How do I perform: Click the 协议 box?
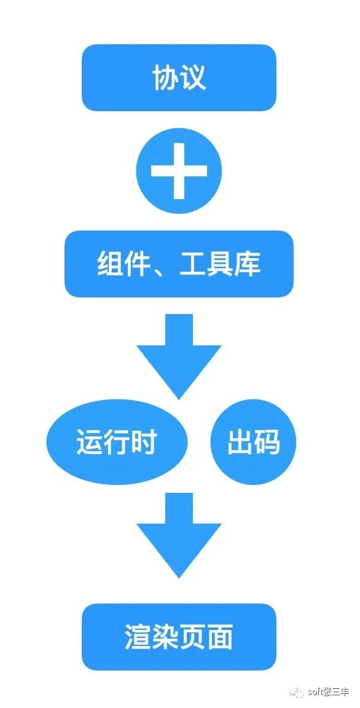tap(179, 77)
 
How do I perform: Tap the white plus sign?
tap(179, 171)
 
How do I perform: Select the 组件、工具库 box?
tap(179, 264)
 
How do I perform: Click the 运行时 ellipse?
tap(117, 442)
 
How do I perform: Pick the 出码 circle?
tap(254, 442)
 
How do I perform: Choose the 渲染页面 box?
tap(179, 637)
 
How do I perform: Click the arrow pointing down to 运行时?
tap(179, 356)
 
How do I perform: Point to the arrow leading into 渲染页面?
tap(179, 535)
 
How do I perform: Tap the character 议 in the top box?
tap(193, 77)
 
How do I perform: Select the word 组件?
tap(123, 264)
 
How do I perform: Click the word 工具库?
tap(220, 264)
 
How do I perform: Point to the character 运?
tap(89, 442)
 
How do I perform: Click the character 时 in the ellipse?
tap(144, 442)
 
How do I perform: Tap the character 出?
tap(240, 442)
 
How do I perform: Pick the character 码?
tap(267, 442)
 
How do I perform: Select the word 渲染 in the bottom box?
tap(151, 637)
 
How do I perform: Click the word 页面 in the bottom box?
tap(206, 637)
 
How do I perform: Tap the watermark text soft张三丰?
tap(328, 692)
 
